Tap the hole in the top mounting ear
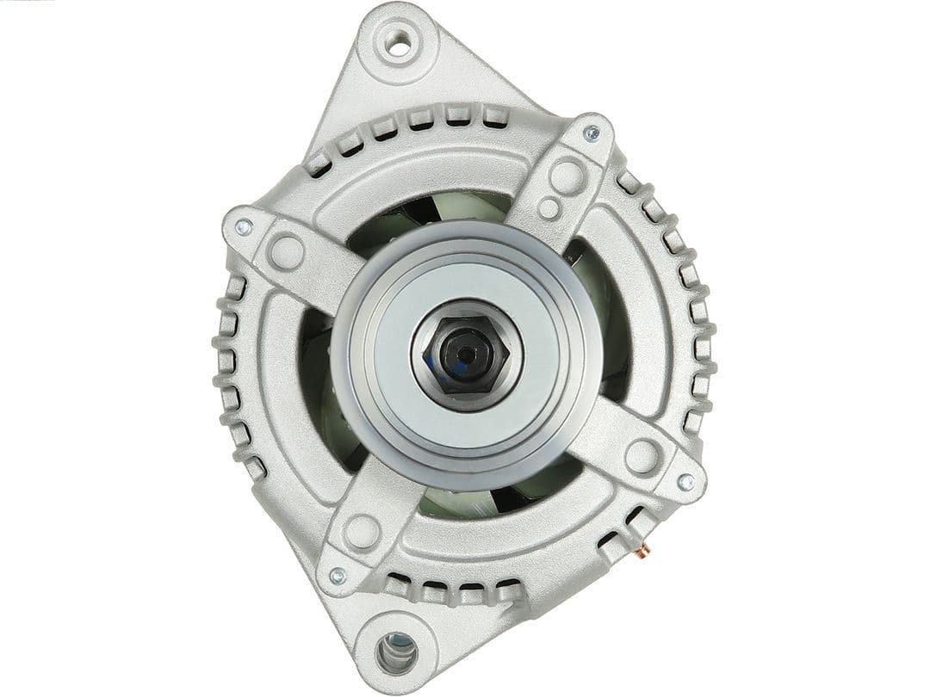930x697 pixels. [x=398, y=43]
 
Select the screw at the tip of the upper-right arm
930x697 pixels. [x=592, y=133]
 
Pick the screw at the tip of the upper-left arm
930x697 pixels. [x=243, y=226]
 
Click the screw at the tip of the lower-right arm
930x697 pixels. [x=685, y=482]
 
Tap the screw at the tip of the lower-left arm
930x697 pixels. [x=338, y=575]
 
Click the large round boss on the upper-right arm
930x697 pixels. [x=566, y=176]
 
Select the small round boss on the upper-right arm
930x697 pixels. [x=549, y=208]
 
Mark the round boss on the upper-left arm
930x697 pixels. [x=286, y=252]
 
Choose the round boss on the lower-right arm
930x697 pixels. [x=642, y=454]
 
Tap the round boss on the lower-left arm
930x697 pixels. [x=362, y=531]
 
